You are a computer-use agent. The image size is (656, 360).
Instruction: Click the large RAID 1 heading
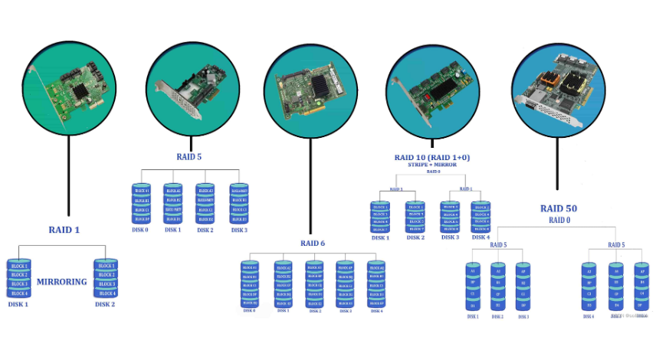64,229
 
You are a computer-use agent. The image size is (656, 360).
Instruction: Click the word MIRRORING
62,281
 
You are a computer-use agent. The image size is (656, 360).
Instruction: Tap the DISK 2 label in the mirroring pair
105,304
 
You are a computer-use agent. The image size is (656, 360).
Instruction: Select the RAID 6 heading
313,243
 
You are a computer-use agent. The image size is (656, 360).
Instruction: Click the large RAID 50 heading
559,208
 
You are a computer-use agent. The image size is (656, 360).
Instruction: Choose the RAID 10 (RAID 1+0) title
434,157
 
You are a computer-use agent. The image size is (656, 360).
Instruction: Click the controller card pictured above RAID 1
71,90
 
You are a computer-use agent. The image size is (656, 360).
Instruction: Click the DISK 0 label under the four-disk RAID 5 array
141,230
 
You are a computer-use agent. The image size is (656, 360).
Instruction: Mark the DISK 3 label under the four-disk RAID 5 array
239,230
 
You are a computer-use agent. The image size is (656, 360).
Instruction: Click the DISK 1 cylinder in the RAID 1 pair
18,279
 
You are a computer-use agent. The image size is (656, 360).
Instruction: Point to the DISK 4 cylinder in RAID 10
481,218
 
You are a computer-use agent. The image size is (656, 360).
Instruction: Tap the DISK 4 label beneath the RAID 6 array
376,310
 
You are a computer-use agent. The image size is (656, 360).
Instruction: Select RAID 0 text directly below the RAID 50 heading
559,220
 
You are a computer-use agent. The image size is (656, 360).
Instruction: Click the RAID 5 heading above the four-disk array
189,157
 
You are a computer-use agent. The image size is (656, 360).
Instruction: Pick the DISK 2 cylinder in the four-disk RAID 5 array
205,204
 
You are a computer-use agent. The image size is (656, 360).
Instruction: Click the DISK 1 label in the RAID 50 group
473,316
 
